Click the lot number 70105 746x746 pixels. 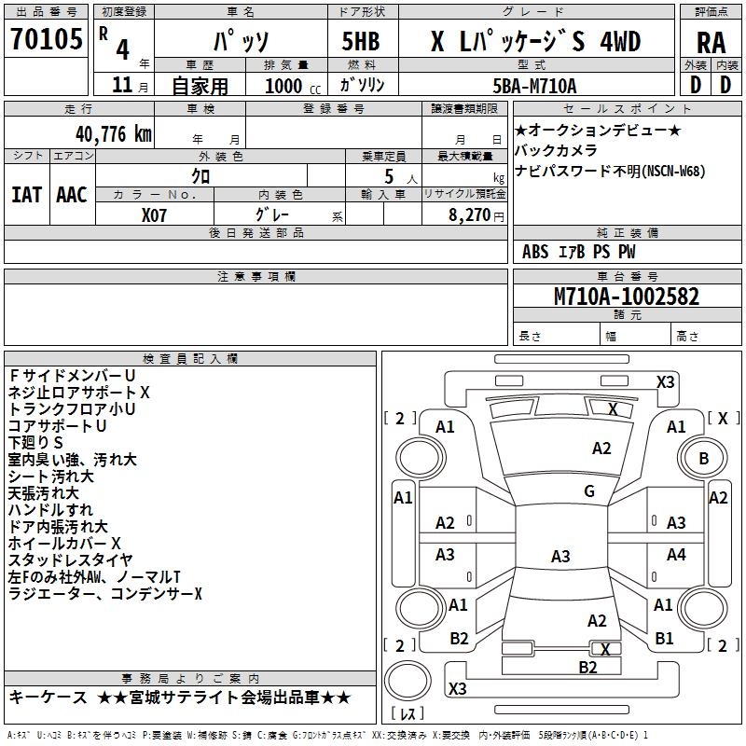click(x=46, y=38)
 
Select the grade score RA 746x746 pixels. click(x=711, y=43)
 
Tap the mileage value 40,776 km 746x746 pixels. click(x=113, y=134)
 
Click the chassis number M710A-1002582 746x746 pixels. click(x=627, y=297)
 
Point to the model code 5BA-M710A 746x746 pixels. click(x=534, y=86)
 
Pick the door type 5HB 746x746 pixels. click(x=361, y=41)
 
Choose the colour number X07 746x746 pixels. click(x=154, y=215)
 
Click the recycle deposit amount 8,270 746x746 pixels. click(x=469, y=215)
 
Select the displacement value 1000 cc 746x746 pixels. click(x=293, y=86)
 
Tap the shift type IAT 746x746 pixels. click(x=26, y=195)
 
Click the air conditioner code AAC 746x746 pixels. click(x=72, y=195)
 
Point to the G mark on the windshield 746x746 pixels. click(x=589, y=490)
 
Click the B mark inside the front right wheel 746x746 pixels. click(x=704, y=458)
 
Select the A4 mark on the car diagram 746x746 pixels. click(x=676, y=554)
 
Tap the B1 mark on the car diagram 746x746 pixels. click(x=664, y=638)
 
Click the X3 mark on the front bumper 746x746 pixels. click(x=665, y=382)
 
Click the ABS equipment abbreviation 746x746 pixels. click(x=535, y=252)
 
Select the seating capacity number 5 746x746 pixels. click(x=389, y=176)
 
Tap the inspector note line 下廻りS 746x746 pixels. click(x=35, y=442)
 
